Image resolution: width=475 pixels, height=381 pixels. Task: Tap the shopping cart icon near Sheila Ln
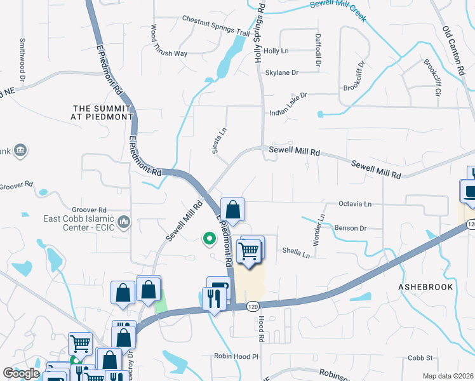coord(251,250)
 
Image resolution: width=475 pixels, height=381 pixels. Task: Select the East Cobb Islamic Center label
coord(79,224)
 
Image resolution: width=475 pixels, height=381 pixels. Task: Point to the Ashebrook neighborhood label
coord(425,287)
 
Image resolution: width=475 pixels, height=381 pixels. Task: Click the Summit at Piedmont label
coord(103,112)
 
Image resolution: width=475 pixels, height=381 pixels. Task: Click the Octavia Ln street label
coord(354,204)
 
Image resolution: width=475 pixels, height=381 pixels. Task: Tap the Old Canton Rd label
coord(454,48)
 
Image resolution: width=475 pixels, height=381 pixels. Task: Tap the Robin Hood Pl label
coord(236,356)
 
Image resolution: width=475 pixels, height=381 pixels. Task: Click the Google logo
coord(22,373)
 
